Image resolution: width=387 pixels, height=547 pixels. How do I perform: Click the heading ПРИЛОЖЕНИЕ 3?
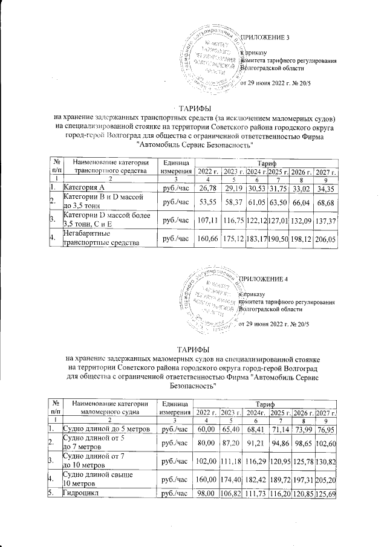(265, 38)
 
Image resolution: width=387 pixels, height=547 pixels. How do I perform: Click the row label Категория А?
(85, 190)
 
